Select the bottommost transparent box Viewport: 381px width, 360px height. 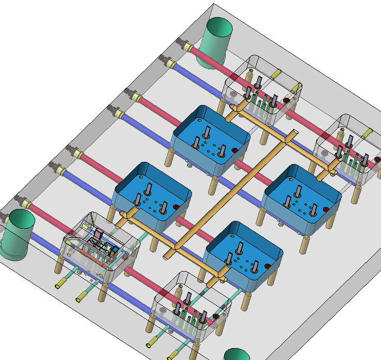tap(192, 308)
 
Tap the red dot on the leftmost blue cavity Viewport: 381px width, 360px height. tap(176, 207)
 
